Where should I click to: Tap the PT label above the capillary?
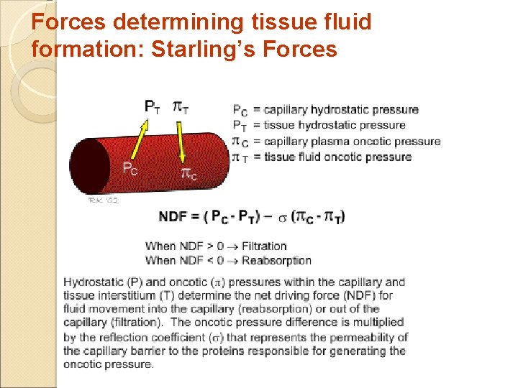(153, 107)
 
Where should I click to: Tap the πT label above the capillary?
(181, 108)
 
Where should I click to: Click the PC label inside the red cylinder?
(129, 170)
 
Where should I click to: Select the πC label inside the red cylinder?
(189, 172)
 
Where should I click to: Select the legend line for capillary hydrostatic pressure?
(325, 110)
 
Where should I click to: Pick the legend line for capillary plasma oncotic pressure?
(336, 141)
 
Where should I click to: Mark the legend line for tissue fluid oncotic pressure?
(322, 157)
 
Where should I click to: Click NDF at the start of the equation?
(173, 216)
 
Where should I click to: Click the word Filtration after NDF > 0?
(264, 246)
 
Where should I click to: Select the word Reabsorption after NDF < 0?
(276, 260)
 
